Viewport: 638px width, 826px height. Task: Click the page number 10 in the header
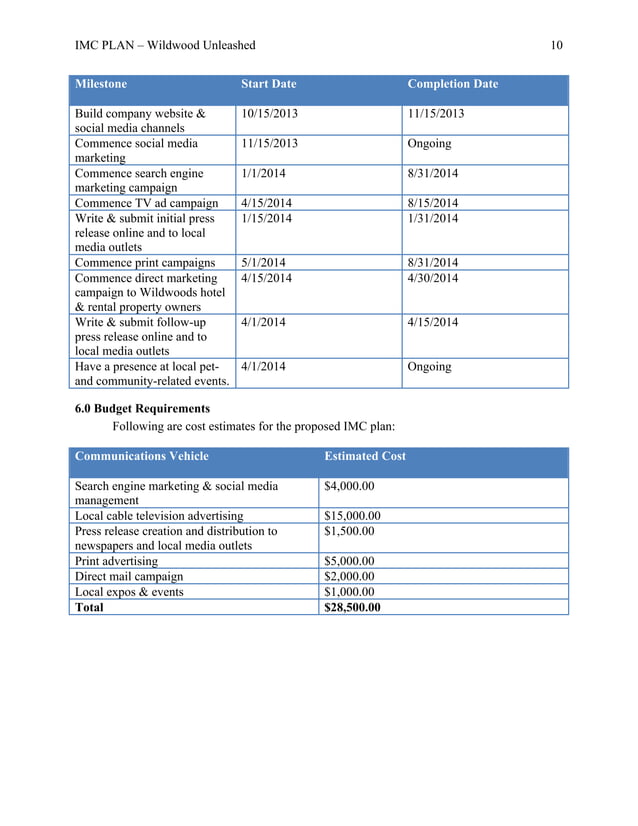click(x=557, y=45)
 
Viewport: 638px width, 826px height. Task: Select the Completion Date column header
click(x=452, y=84)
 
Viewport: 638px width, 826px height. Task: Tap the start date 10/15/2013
click(x=269, y=114)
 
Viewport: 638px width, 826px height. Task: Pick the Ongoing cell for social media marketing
click(x=429, y=144)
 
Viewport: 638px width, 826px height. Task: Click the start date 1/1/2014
click(x=262, y=174)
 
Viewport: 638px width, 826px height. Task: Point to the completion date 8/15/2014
click(x=433, y=204)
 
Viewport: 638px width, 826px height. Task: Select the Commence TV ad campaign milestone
click(x=146, y=204)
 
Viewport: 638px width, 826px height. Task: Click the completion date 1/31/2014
click(x=433, y=219)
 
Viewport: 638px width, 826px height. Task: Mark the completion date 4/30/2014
click(x=433, y=278)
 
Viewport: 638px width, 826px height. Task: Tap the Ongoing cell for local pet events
click(x=429, y=367)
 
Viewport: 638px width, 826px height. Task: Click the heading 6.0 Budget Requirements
click(x=142, y=409)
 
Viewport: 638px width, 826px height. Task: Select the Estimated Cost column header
click(x=365, y=456)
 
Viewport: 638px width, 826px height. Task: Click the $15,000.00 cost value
click(x=352, y=516)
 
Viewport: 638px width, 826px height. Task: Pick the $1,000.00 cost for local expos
click(x=349, y=591)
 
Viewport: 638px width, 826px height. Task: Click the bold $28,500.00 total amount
click(x=352, y=607)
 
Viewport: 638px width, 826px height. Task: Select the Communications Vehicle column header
click(x=142, y=456)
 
